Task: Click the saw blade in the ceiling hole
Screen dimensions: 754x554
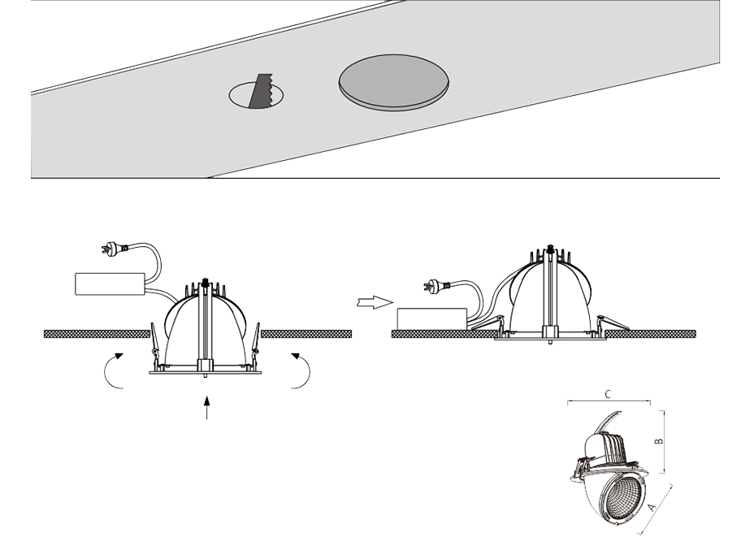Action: click(261, 91)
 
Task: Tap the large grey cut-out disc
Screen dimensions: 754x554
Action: click(394, 83)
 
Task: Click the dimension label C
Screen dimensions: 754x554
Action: click(608, 394)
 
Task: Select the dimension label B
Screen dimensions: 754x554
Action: click(661, 441)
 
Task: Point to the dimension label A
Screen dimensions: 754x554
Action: click(651, 507)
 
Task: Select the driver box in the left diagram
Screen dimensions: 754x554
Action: click(110, 284)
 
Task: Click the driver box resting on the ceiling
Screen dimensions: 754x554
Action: click(431, 319)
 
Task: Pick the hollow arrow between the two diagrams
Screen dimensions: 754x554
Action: click(375, 302)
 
